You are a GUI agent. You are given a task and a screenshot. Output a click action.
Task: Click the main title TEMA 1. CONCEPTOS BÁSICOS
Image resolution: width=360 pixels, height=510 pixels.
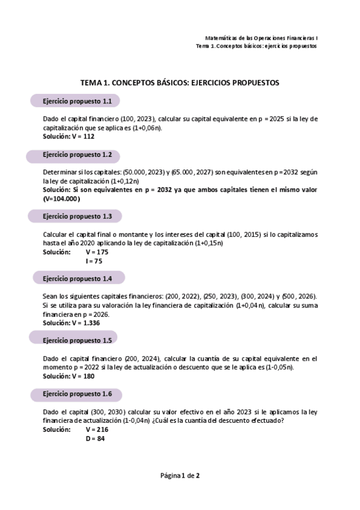coord(180,83)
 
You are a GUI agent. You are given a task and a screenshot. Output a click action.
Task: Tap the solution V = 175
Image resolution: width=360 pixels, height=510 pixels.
coord(97,252)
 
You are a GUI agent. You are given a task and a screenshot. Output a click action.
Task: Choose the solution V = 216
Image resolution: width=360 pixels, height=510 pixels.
coord(97,430)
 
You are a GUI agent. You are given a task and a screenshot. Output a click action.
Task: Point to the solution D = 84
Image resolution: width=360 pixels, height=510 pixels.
coord(96,438)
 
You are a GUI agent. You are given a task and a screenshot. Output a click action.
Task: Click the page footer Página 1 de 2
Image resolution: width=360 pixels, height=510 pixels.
coord(180,476)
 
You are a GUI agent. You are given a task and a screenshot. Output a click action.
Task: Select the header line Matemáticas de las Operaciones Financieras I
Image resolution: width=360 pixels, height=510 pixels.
coord(261,37)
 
